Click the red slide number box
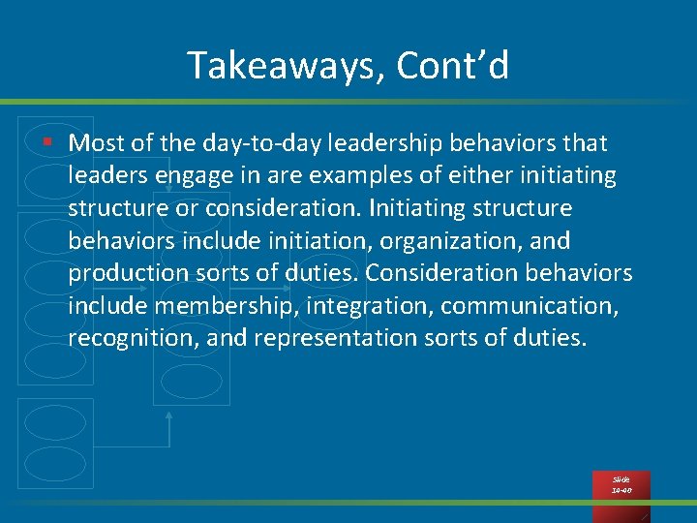coord(621,485)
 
